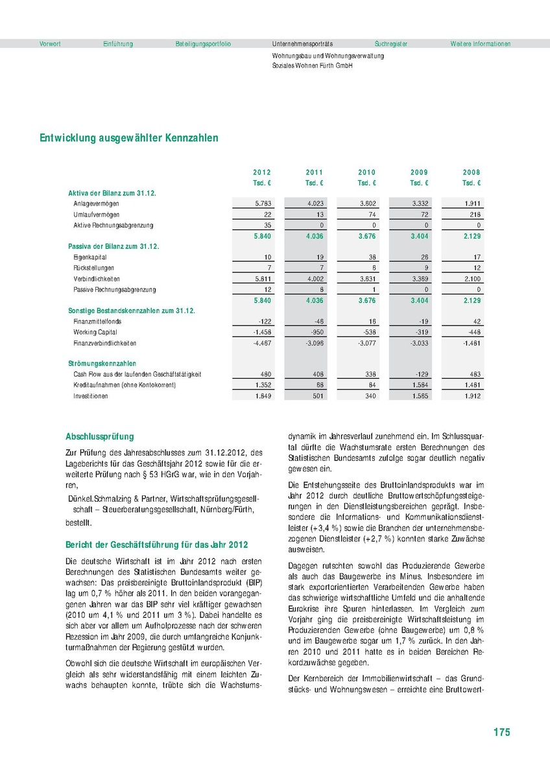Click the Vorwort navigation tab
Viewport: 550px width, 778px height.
point(50,44)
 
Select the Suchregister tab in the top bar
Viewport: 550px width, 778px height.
point(391,44)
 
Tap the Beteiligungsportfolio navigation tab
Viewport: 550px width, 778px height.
point(203,44)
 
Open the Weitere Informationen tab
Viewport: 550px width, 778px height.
point(481,44)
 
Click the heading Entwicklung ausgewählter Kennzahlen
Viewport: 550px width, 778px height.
point(129,138)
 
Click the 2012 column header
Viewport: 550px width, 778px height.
point(262,172)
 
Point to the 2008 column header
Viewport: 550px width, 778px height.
point(472,172)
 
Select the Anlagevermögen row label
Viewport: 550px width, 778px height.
point(97,204)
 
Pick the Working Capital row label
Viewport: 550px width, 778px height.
point(95,332)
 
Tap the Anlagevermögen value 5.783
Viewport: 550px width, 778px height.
point(263,204)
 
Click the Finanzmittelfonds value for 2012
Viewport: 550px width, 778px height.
point(265,322)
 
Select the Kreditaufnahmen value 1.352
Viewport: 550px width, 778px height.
point(263,385)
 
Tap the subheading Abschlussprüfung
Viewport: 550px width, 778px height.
point(100,437)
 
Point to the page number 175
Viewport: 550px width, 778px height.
point(501,732)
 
